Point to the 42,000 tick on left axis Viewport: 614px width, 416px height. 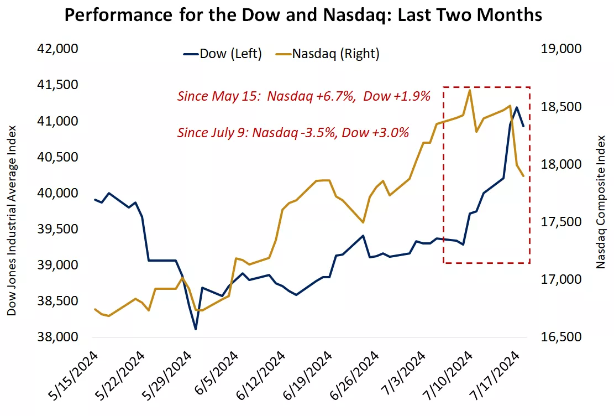coord(57,49)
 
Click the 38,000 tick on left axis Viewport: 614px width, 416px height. coord(57,337)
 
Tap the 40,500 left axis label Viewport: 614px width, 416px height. coord(57,157)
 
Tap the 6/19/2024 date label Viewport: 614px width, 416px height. coord(309,379)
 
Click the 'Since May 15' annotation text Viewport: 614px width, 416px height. coord(303,96)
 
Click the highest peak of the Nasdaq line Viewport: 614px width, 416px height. coord(469,90)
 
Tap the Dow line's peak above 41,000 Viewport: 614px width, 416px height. coord(516,107)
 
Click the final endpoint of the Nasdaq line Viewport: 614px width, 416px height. coord(523,176)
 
